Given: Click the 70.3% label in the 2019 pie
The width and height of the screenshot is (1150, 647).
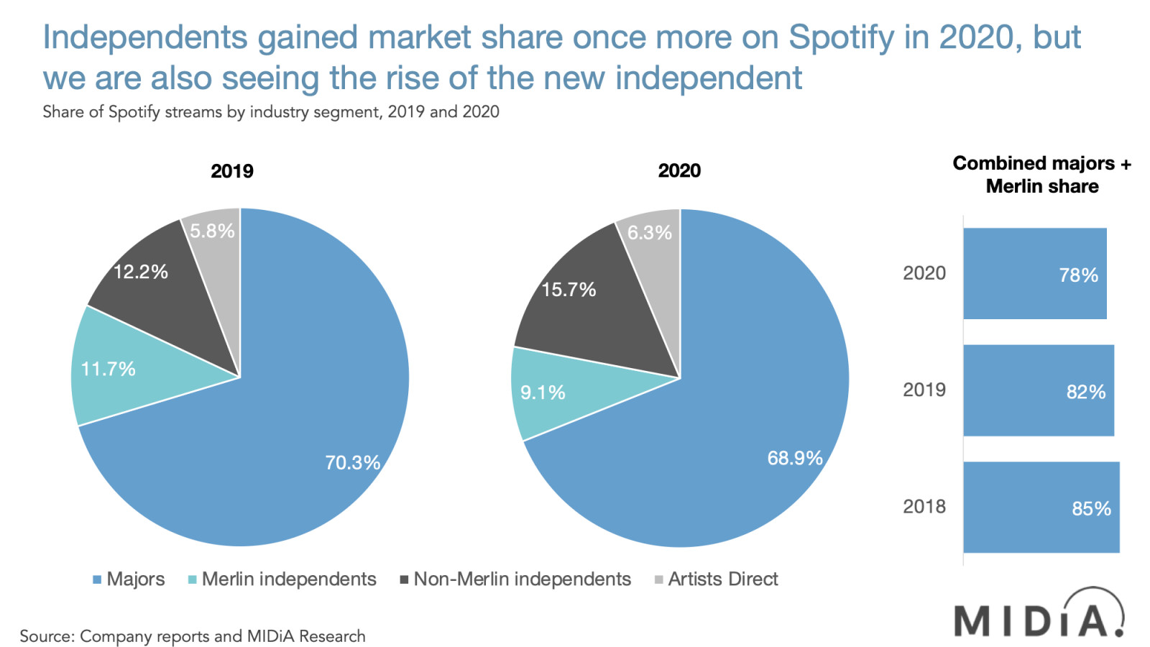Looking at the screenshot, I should coord(352,462).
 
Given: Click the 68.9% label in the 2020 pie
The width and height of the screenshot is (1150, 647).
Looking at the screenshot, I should coord(794,458).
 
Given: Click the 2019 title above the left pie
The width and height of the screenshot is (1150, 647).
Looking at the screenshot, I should coord(231,171).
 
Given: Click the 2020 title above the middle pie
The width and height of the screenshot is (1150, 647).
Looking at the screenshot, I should coord(678,170).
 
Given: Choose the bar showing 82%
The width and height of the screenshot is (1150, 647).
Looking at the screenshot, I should coord(1038,390).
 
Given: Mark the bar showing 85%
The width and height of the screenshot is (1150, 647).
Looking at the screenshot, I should coord(1041,508).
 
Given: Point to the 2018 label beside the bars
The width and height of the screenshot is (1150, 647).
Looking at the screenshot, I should coord(924,507).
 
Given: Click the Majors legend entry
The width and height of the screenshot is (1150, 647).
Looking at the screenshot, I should coord(129,579).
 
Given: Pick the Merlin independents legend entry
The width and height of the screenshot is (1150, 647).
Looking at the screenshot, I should coord(282,579).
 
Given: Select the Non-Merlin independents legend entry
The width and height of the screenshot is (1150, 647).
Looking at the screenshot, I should coord(515,579).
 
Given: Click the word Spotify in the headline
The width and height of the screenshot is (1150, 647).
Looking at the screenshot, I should coord(840,37).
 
